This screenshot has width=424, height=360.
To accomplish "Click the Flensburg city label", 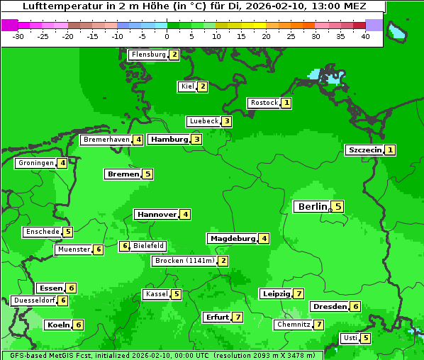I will (148, 55).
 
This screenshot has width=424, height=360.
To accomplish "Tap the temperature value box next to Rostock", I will (286, 103).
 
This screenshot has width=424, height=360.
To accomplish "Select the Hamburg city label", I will (169, 140).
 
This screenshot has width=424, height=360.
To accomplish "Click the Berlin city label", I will (313, 207).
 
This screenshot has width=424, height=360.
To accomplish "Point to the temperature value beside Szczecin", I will (390, 150).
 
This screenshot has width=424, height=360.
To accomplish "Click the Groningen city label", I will (35, 163).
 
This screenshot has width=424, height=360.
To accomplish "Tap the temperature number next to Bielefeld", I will (124, 247).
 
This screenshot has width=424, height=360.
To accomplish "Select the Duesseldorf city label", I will (34, 300).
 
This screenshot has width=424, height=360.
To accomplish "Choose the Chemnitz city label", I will (294, 325).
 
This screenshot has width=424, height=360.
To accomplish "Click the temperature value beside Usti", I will (365, 338).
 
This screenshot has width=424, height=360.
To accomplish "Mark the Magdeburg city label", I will (232, 239).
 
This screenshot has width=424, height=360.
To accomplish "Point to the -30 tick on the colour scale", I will (18, 36).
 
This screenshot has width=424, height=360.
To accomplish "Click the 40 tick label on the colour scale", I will (365, 36).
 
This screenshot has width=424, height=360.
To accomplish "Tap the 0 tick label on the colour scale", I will (167, 36).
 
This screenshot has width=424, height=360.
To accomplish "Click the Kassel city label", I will (156, 294).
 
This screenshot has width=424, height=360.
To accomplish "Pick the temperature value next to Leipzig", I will (299, 294).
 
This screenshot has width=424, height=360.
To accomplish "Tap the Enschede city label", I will (42, 232).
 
